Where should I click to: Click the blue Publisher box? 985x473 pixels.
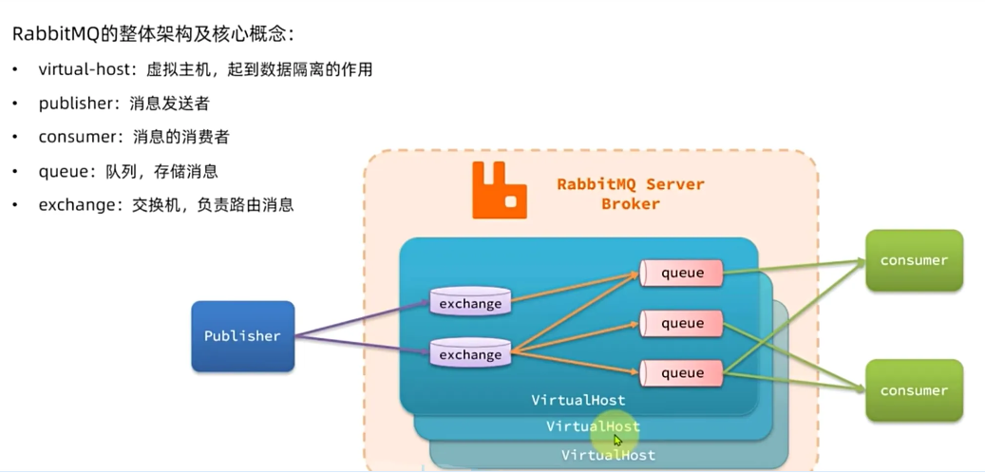coord(242,336)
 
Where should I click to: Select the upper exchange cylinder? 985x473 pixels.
coord(470,303)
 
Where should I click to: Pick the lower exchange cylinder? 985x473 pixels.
coord(470,354)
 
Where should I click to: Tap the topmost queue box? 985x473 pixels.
coord(681,274)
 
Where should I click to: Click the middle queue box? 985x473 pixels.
coord(681,324)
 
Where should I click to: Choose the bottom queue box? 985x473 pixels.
coord(681,373)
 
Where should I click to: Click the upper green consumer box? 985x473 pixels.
coord(914,260)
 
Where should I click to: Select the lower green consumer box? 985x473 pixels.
coord(914,390)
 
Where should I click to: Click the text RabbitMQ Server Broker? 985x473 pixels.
coord(631,193)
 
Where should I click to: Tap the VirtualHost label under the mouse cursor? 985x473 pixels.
coord(593,427)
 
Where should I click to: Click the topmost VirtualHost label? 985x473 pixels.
coord(578,401)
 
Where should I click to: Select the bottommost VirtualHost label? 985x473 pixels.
coord(608,456)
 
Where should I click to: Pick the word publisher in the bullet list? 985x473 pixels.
coord(76,104)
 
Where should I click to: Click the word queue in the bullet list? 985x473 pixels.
coord(63,172)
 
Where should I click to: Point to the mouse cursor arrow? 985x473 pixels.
coord(617,441)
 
